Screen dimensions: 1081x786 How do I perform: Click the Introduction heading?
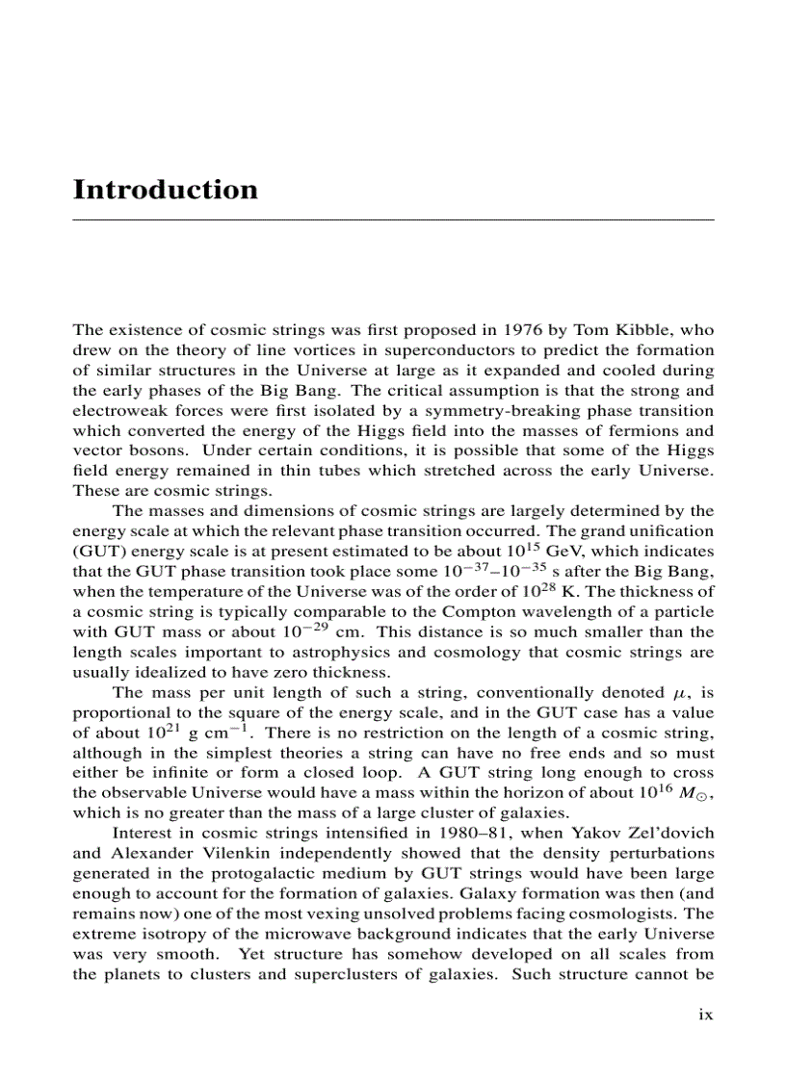point(166,190)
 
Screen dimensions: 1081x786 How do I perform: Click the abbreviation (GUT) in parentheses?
point(95,552)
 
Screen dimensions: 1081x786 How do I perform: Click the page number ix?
point(705,1015)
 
